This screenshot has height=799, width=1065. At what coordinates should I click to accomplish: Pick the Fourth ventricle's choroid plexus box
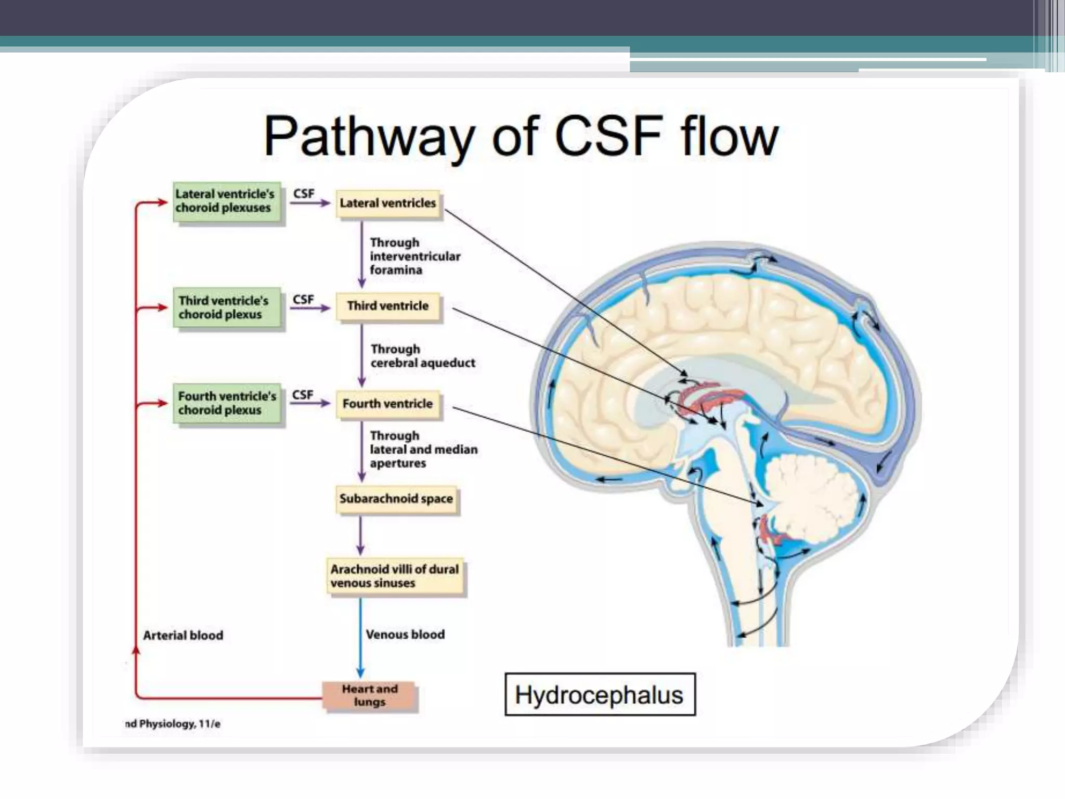tap(227, 403)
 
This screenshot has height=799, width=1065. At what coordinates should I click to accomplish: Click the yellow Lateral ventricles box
tap(388, 203)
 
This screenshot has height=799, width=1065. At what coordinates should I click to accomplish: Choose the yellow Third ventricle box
tap(388, 306)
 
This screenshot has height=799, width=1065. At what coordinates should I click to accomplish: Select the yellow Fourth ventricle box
tap(388, 404)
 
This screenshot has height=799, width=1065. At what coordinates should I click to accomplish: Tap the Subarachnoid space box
tap(396, 499)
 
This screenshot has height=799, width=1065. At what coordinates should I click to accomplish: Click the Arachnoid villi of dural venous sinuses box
tap(395, 576)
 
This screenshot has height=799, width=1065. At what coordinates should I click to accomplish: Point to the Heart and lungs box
tap(370, 695)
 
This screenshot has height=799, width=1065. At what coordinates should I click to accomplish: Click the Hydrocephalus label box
tap(600, 695)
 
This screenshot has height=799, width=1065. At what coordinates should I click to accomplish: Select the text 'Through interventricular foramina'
tap(414, 256)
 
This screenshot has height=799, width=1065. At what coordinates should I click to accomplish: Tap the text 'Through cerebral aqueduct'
tap(422, 356)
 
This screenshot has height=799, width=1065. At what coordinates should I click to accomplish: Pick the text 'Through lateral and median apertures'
tap(423, 449)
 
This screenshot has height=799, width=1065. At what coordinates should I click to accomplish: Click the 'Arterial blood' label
tap(183, 636)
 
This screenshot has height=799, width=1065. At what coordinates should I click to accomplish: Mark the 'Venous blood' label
tap(405, 635)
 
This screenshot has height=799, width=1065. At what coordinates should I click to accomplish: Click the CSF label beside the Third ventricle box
tap(303, 300)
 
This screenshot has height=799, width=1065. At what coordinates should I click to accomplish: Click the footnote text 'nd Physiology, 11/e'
tap(173, 724)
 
